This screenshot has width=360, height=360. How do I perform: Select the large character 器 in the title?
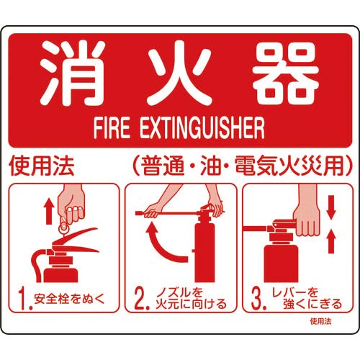(x=284, y=72)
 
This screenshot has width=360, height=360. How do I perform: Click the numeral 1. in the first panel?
(x=23, y=296)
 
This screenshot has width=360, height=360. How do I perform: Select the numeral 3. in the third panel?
(x=258, y=296)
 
